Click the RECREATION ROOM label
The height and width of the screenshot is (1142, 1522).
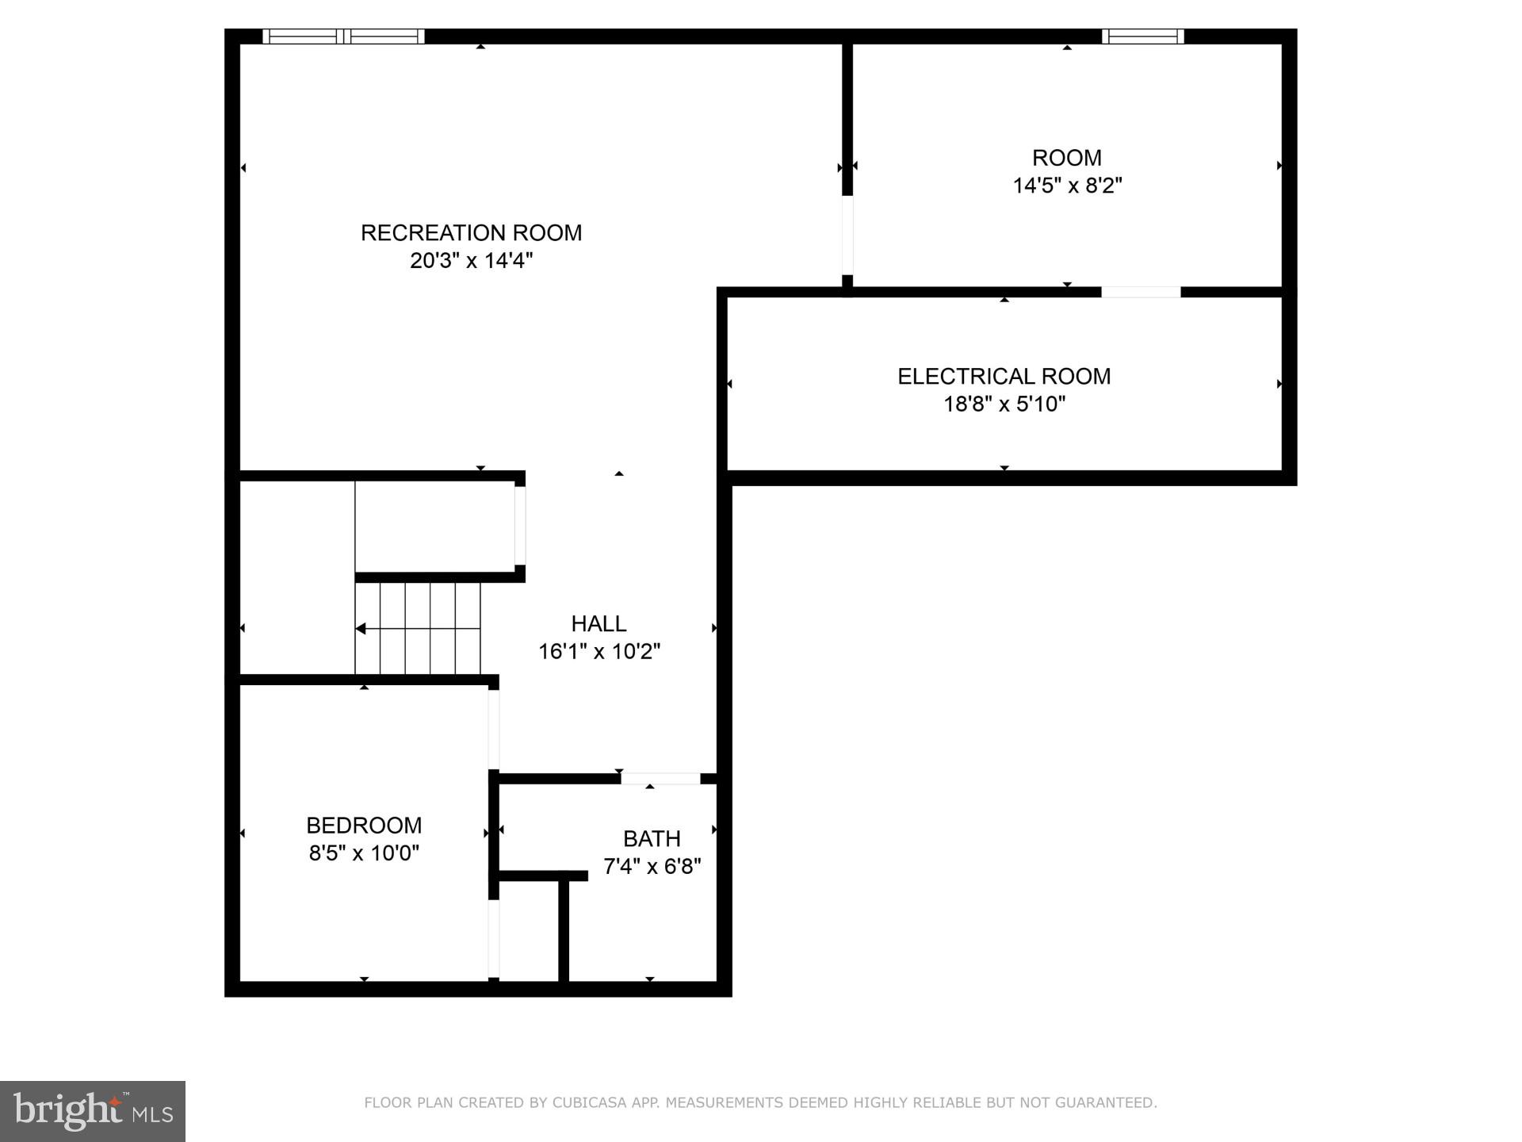click(x=471, y=232)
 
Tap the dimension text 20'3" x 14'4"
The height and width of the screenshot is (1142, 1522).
click(x=471, y=260)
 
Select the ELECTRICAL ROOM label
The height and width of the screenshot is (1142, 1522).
click(x=1004, y=376)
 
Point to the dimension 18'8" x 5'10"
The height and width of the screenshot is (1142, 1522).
click(x=1004, y=404)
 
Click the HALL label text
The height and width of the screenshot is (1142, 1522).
click(x=598, y=623)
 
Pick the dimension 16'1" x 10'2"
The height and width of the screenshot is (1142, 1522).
click(x=598, y=651)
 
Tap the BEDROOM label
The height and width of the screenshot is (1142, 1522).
click(x=364, y=825)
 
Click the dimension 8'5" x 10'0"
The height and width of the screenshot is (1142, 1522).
click(x=364, y=853)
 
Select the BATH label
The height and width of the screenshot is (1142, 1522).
click(x=652, y=838)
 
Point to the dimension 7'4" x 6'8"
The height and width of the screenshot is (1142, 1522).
click(x=652, y=866)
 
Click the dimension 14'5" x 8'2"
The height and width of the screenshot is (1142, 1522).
click(x=1067, y=186)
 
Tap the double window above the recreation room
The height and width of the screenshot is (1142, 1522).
click(x=343, y=36)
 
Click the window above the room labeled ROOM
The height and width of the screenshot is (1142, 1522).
click(x=1142, y=36)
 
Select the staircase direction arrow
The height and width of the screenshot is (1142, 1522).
click(x=361, y=629)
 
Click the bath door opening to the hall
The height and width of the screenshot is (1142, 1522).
click(x=660, y=779)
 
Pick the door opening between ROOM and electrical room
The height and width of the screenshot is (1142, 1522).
click(x=1141, y=292)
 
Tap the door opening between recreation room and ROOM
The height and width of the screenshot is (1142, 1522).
click(x=847, y=235)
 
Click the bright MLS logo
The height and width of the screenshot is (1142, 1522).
click(x=93, y=1111)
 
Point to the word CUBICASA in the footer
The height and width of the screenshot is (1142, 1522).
click(x=590, y=1102)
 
